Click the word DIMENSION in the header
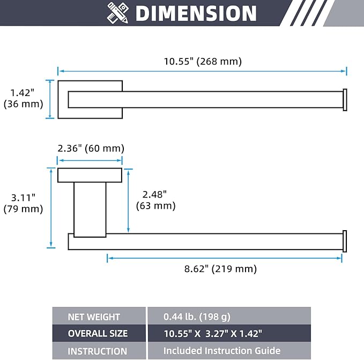(196, 13)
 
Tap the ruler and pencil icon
(118, 13)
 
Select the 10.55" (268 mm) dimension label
(203, 62)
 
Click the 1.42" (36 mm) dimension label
(23, 98)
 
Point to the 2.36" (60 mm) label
(91, 149)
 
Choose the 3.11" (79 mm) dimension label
(23, 203)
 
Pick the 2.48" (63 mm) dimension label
(155, 200)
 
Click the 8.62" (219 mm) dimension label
(220, 269)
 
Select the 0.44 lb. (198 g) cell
(229, 316)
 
